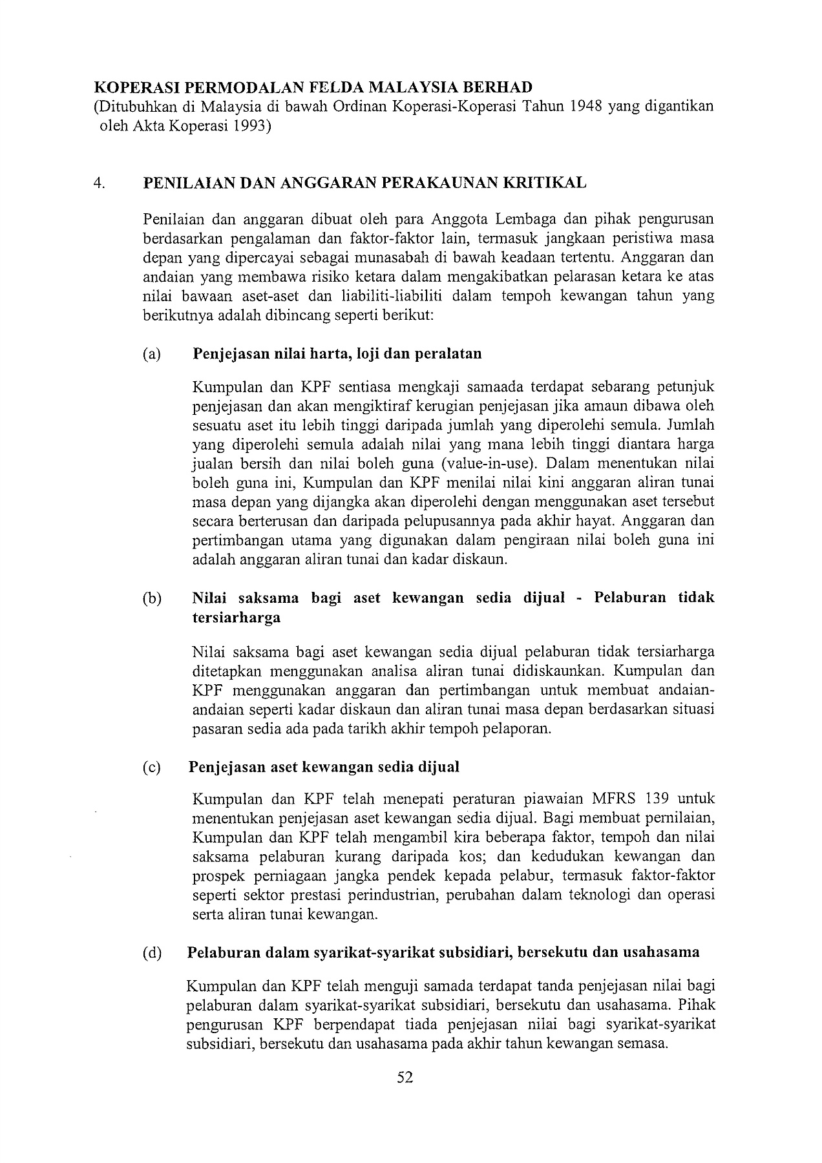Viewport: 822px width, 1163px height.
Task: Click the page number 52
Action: click(405, 1077)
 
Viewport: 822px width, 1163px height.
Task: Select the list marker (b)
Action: click(152, 598)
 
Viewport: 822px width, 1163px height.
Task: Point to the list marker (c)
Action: click(151, 767)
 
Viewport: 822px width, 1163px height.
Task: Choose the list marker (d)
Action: click(152, 952)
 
